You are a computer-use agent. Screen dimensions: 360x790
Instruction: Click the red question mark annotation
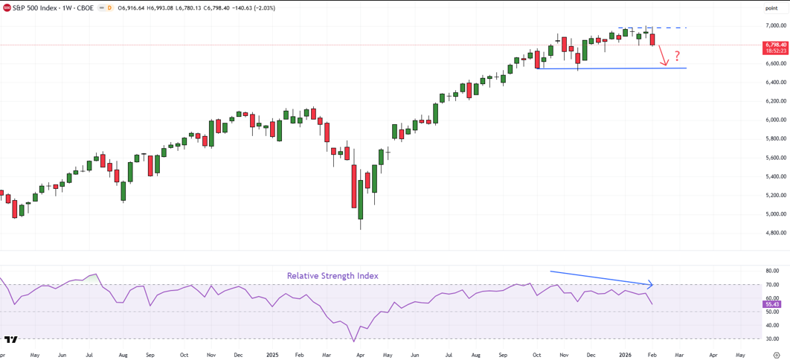[677, 56]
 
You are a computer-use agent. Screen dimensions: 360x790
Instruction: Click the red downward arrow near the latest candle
[664, 57]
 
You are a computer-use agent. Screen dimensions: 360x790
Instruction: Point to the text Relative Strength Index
[333, 276]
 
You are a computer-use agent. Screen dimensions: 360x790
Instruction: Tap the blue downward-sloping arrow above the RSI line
[600, 277]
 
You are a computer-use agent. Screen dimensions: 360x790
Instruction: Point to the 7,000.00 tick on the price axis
[775, 25]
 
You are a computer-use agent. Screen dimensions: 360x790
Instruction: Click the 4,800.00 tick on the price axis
[775, 233]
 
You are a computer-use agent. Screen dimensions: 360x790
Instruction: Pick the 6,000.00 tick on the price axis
[775, 120]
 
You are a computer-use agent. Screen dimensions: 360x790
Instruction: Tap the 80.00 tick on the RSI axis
[773, 271]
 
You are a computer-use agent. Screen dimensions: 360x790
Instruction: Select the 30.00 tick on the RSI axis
[773, 339]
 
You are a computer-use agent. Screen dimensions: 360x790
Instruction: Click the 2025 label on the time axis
[272, 356]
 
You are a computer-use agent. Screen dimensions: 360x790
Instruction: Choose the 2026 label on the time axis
[625, 356]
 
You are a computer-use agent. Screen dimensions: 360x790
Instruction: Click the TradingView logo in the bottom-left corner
[10, 340]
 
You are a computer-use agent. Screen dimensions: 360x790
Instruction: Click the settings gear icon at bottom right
[777, 356]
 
